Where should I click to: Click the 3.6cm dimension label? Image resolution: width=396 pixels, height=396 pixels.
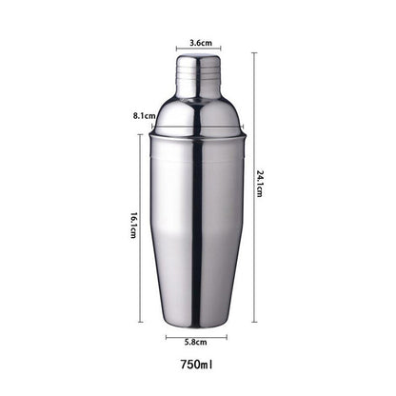click(x=201, y=43)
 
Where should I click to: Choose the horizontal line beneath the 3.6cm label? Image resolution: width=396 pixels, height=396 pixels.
click(x=200, y=51)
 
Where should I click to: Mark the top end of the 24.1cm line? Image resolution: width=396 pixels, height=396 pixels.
click(x=254, y=53)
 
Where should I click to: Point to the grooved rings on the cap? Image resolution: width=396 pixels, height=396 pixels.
click(x=200, y=69)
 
